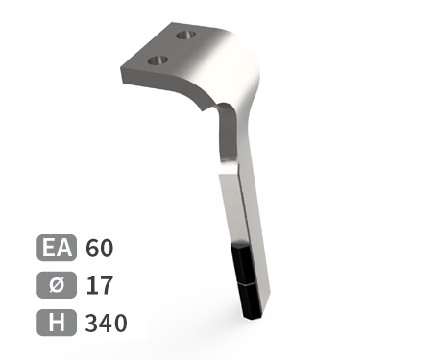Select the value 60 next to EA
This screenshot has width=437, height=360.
click(100, 248)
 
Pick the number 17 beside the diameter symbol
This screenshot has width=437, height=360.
click(99, 285)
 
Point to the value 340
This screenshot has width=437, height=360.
click(106, 323)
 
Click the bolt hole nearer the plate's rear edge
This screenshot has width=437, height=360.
click(186, 36)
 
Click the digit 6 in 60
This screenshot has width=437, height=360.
click(93, 248)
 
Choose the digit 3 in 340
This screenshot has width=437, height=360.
click(93, 323)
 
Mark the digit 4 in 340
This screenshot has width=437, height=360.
click(106, 323)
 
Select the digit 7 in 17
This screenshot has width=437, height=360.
click(106, 285)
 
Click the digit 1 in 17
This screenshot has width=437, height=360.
click(92, 285)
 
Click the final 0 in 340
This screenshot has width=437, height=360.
click(119, 323)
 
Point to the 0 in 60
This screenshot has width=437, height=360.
click(107, 248)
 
